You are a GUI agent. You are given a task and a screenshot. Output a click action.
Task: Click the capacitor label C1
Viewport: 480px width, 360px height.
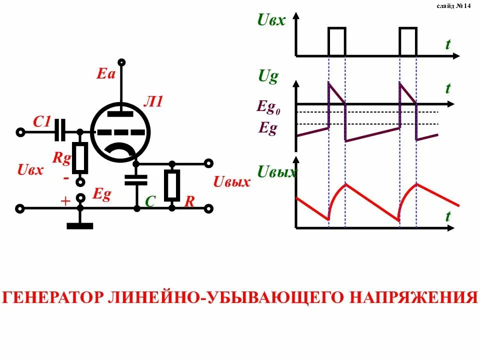pyautogui.click(x=42, y=121)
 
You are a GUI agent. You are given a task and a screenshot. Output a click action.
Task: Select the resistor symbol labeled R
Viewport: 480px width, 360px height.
pyautogui.click(x=172, y=185)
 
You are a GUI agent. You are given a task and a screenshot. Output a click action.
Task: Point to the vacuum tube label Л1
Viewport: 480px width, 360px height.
pyautogui.click(x=153, y=102)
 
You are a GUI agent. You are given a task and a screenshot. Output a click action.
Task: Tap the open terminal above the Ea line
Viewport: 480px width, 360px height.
pyautogui.click(x=121, y=62)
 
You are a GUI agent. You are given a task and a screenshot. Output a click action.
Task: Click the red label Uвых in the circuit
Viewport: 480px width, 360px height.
pyautogui.click(x=231, y=182)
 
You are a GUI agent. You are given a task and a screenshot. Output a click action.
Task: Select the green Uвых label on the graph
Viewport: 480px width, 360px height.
pyautogui.click(x=276, y=173)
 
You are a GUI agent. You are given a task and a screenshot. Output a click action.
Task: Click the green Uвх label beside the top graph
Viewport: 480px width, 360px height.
pyautogui.click(x=271, y=20)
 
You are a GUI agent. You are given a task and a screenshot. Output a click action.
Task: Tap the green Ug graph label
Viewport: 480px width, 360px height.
pyautogui.click(x=268, y=76)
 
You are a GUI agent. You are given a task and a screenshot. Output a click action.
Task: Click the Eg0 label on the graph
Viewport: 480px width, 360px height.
pyautogui.click(x=268, y=107)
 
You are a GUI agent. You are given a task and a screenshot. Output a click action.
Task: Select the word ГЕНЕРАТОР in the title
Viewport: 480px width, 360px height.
pyautogui.click(x=53, y=297)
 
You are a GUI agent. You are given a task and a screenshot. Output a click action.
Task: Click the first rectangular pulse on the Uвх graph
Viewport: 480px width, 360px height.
pyautogui.click(x=337, y=41)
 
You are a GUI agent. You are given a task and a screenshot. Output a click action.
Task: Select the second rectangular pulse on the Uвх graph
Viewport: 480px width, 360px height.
pyautogui.click(x=408, y=41)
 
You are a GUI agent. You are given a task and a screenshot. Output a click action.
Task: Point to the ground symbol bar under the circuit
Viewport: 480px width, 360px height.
pyautogui.click(x=80, y=226)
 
